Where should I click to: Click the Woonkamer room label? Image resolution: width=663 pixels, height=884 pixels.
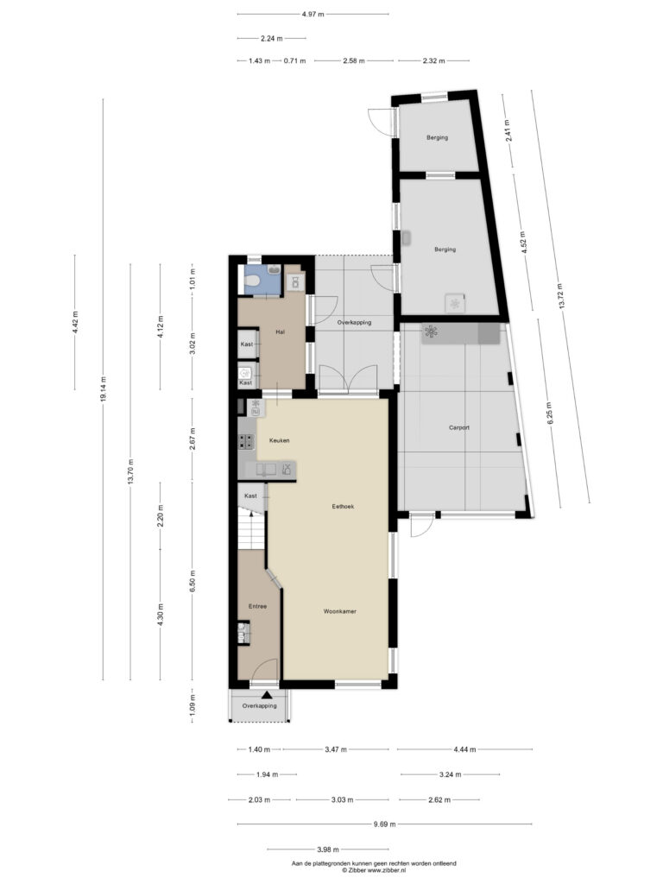(339, 611)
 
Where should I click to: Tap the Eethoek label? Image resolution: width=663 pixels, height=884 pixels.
(343, 506)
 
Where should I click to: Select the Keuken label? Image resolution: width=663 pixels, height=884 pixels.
(279, 440)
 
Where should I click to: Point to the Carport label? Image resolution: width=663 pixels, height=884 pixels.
(459, 428)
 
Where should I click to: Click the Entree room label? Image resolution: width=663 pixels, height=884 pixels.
(257, 607)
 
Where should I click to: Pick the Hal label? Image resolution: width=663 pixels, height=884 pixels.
(281, 332)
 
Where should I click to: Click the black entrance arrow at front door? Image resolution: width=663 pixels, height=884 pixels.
(267, 695)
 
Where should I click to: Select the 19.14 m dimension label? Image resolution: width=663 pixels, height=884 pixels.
(103, 388)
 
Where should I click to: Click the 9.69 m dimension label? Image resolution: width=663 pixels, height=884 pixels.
(384, 824)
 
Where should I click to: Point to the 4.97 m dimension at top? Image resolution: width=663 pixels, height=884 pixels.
(313, 14)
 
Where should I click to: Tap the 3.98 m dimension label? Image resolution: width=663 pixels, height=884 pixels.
(327, 849)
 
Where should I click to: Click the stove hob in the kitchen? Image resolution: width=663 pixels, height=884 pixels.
(246, 441)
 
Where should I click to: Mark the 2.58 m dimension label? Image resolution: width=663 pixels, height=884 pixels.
(353, 61)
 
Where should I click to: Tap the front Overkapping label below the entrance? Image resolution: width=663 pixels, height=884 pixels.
(259, 706)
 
